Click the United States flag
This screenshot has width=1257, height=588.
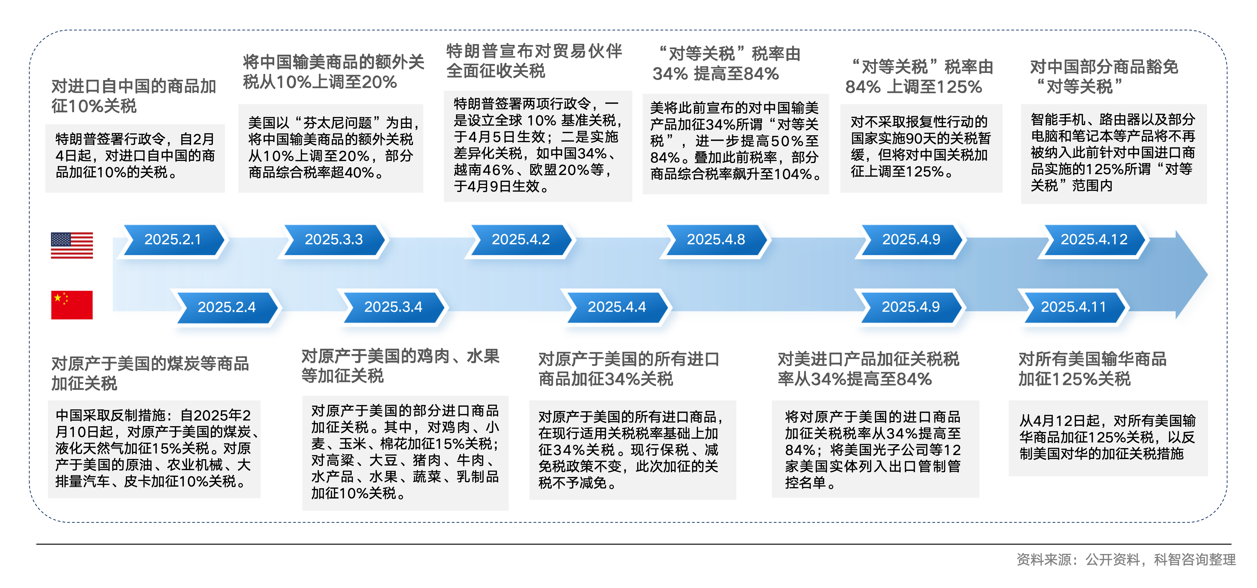(72, 245)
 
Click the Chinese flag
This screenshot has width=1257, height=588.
(72, 305)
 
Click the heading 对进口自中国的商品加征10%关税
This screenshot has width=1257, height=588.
(134, 96)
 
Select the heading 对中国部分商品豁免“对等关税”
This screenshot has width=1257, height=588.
(1104, 77)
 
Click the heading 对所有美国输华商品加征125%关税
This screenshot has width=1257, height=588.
(1092, 369)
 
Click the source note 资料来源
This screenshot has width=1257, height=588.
(1126, 560)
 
